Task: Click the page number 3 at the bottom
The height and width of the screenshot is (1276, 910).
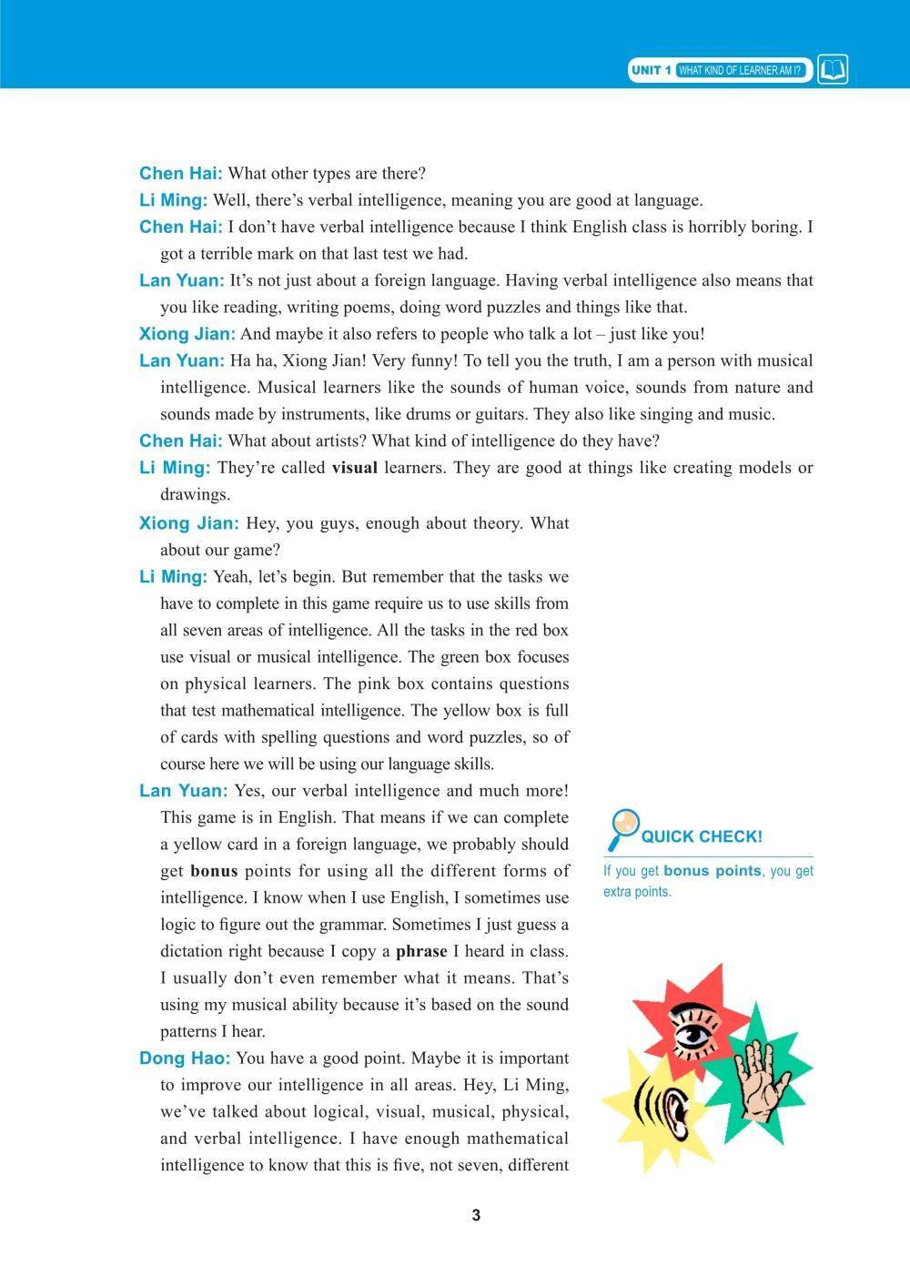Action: (475, 1215)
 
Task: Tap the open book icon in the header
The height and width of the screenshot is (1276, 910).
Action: (833, 70)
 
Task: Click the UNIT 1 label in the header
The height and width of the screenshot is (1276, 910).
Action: (652, 71)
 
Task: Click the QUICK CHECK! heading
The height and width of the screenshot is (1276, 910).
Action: (702, 836)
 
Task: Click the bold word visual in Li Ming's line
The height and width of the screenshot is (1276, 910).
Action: (354, 468)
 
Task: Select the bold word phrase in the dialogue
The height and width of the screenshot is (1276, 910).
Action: (421, 951)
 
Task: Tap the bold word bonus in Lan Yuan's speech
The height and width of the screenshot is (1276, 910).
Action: (214, 871)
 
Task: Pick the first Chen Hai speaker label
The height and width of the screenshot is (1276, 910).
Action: (180, 173)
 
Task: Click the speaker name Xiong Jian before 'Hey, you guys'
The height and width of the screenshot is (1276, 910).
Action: (188, 523)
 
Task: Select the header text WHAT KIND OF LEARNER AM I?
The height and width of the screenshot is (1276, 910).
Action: (740, 71)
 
